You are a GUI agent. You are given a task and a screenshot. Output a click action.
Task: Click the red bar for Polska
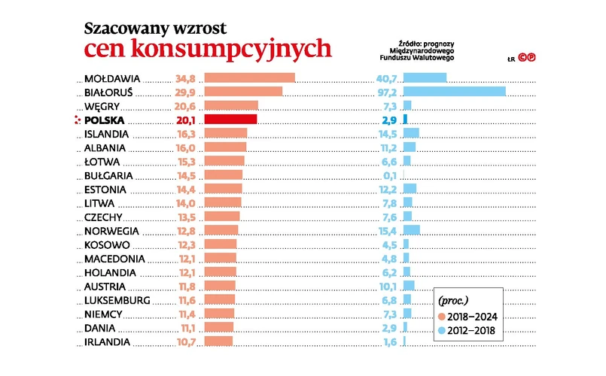pos(230,119)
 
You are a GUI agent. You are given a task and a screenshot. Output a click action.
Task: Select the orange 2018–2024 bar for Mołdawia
pos(249,77)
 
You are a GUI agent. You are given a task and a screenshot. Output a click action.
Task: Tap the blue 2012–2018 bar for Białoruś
pos(454,91)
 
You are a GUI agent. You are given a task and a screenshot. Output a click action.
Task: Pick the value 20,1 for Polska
pos(185,120)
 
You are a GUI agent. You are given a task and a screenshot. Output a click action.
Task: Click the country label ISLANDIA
pos(106,134)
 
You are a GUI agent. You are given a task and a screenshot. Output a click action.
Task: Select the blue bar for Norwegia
pos(411,230)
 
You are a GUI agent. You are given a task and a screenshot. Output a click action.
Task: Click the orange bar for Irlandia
pos(219,341)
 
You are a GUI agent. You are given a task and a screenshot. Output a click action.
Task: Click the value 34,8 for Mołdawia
pos(185,78)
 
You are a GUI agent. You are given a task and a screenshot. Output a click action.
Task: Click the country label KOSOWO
pos(108,244)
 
